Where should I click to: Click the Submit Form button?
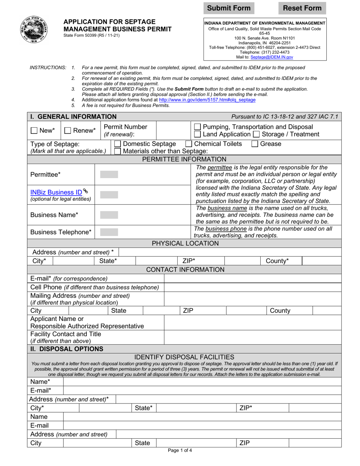click(x=229, y=8)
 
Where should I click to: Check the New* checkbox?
click(x=34, y=131)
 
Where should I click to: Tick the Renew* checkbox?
click(x=68, y=131)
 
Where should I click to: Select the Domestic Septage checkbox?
click(x=117, y=144)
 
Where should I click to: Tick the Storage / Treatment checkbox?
click(x=256, y=134)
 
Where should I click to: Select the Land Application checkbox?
click(x=197, y=134)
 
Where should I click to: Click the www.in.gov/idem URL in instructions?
click(x=207, y=100)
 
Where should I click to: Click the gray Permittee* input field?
click(x=109, y=175)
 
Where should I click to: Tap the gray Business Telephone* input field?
click(x=109, y=232)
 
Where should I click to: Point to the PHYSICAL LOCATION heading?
click(x=185, y=243)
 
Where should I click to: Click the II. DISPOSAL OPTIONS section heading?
click(x=66, y=349)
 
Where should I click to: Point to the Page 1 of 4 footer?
click(x=180, y=451)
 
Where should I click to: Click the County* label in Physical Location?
click(x=277, y=261)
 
